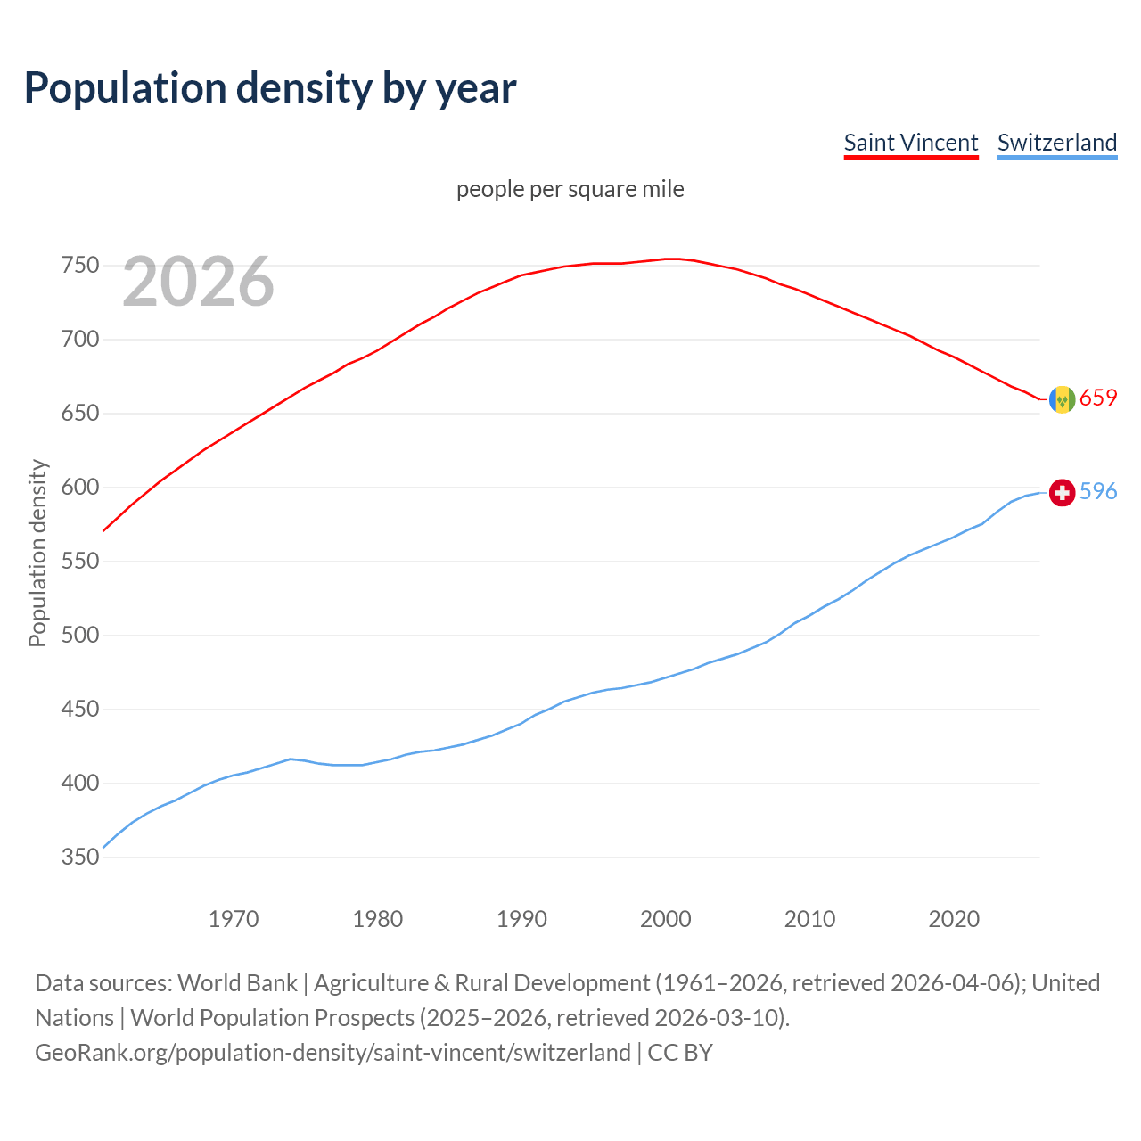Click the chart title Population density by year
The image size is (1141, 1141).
coord(270,88)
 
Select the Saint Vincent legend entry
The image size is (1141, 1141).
coord(910,143)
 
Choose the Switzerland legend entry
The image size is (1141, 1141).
coord(1056,143)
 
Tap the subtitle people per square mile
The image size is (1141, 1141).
coord(570,190)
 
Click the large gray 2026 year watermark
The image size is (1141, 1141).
coord(198,282)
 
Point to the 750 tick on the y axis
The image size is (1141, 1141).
coord(79,266)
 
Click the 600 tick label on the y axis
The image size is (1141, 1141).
coord(79,488)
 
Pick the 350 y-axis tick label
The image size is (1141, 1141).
coord(79,858)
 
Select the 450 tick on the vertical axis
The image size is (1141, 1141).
coord(79,710)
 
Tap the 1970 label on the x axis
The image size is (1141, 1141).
coord(234,919)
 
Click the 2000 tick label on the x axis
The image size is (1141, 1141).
coord(666,919)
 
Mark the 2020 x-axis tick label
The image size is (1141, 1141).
coord(954,919)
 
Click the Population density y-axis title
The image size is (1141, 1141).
coord(37,553)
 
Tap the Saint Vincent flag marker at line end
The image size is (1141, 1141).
coord(1062,399)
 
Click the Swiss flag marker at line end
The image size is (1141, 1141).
coord(1062,492)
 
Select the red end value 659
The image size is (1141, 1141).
coord(1098,398)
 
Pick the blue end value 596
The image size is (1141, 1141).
coord(1098,491)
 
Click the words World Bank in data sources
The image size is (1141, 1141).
coord(237,983)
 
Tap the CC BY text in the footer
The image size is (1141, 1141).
coord(680,1053)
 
